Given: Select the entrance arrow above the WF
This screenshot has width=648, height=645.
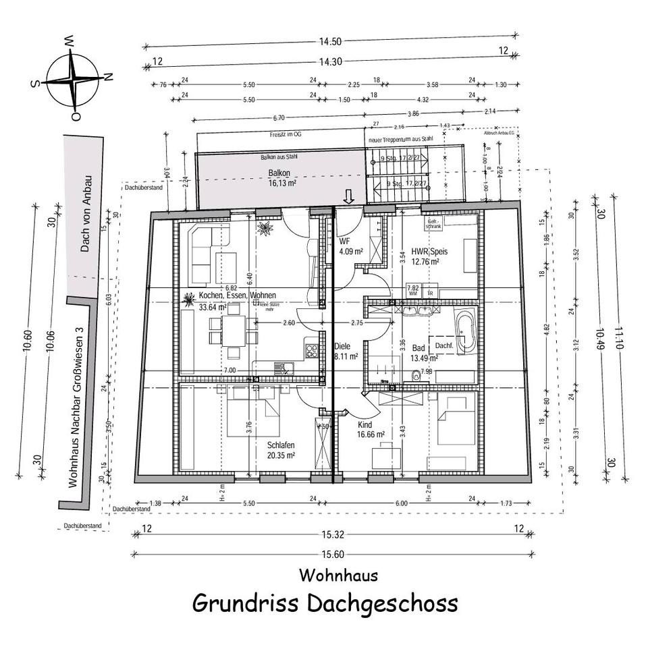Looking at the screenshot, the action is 348,196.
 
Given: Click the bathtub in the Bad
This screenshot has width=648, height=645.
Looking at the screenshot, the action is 465,332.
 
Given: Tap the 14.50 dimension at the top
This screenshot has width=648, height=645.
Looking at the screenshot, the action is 330,41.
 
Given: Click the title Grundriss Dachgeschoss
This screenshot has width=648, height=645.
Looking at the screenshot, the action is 325,602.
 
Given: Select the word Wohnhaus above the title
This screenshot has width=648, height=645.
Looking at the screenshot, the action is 338,576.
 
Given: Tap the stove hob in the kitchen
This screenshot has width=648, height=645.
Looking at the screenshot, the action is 313,349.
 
